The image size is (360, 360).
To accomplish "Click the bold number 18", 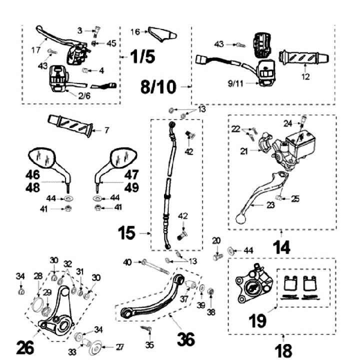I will [x=282, y=349].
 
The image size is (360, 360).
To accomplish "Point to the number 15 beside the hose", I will [x=127, y=232].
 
